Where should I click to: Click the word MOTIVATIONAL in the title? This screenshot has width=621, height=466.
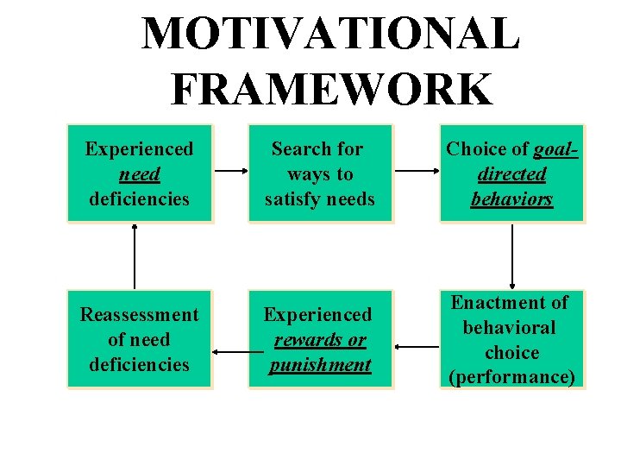[x=330, y=34]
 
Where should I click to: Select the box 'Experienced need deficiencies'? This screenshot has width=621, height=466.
[x=139, y=173]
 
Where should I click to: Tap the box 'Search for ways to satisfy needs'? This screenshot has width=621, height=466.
[x=320, y=173]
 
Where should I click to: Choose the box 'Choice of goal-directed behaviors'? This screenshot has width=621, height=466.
[x=512, y=173]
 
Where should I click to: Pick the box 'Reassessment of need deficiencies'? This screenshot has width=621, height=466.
[x=139, y=340]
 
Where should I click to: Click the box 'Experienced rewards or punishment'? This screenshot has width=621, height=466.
[x=320, y=340]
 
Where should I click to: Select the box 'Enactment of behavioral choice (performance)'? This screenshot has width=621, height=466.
[x=512, y=340]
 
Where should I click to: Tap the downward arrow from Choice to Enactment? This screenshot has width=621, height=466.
[x=513, y=255]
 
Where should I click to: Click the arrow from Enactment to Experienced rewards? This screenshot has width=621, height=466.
[x=417, y=347]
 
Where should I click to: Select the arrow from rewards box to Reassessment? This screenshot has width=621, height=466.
[x=230, y=352]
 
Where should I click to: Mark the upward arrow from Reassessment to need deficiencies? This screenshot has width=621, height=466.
[x=135, y=255]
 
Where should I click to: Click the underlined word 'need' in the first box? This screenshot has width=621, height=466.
[x=139, y=173]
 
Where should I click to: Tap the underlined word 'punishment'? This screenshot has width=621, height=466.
[x=320, y=365]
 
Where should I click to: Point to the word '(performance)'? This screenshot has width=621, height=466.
[x=512, y=377]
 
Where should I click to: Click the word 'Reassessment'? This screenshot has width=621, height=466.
[x=139, y=315]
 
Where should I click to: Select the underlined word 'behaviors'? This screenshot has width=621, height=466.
[x=512, y=198]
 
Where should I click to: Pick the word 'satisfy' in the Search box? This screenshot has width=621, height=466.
[x=292, y=198]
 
